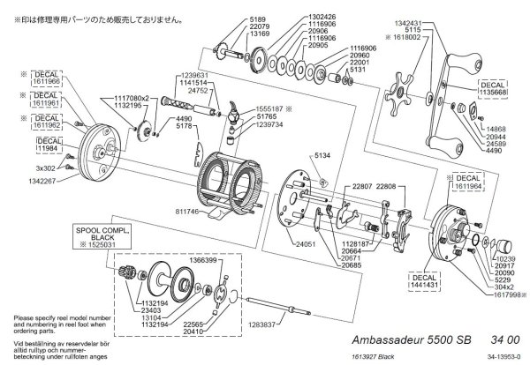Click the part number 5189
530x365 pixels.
pyautogui.click(x=234, y=18)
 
